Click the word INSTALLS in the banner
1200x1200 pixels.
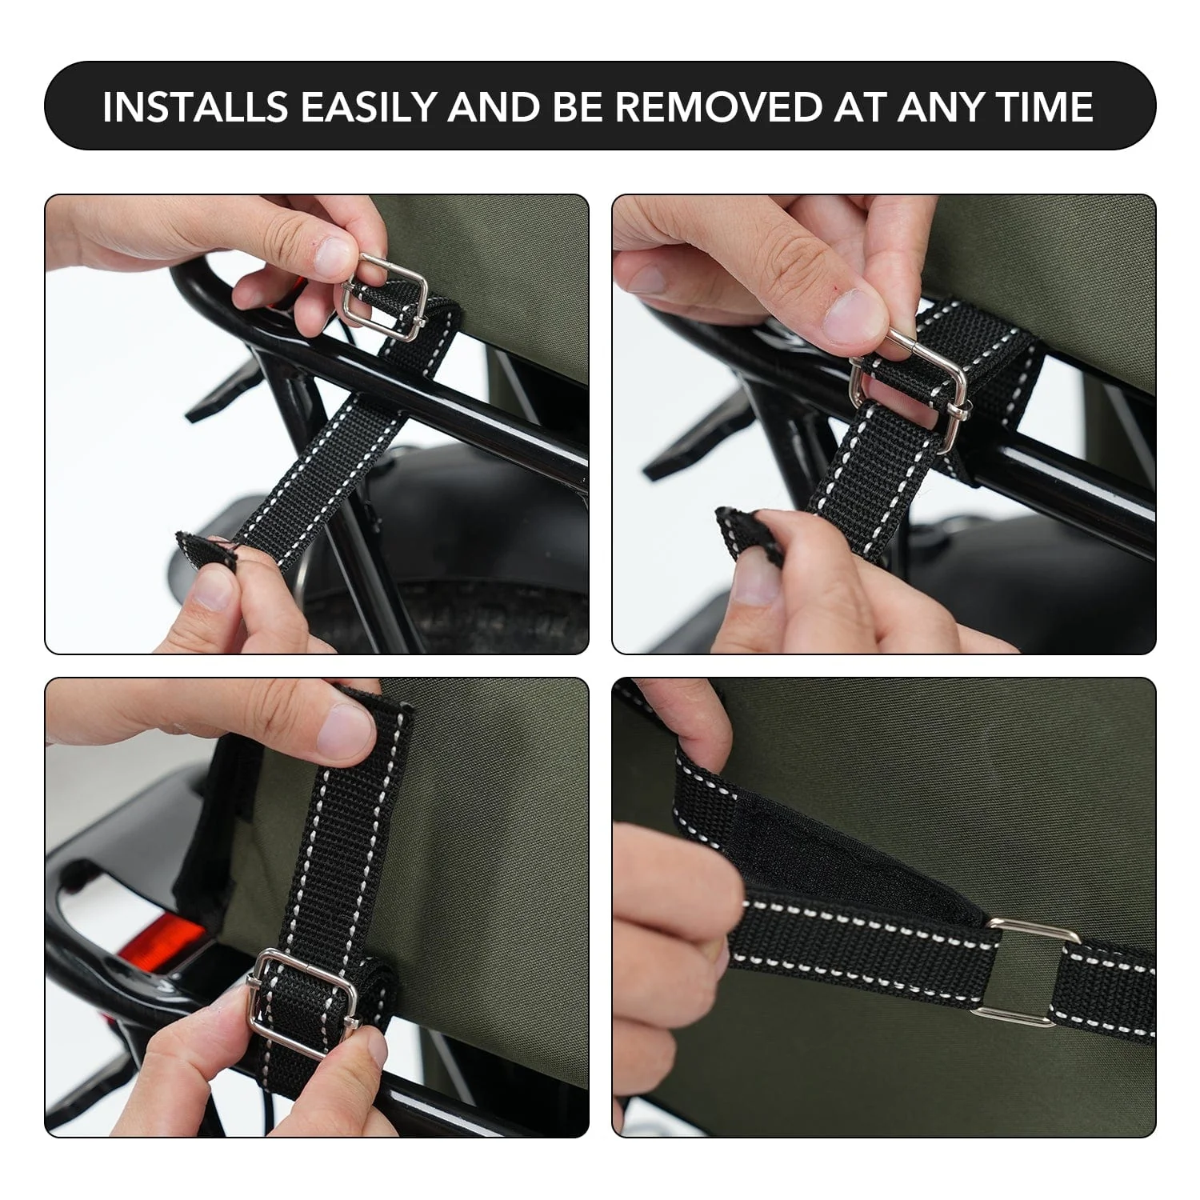[195, 106]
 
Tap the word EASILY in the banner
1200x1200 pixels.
[367, 106]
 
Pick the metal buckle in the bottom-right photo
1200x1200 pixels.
[1028, 971]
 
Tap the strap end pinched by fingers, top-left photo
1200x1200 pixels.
[202, 550]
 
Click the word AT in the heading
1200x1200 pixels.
[862, 106]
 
